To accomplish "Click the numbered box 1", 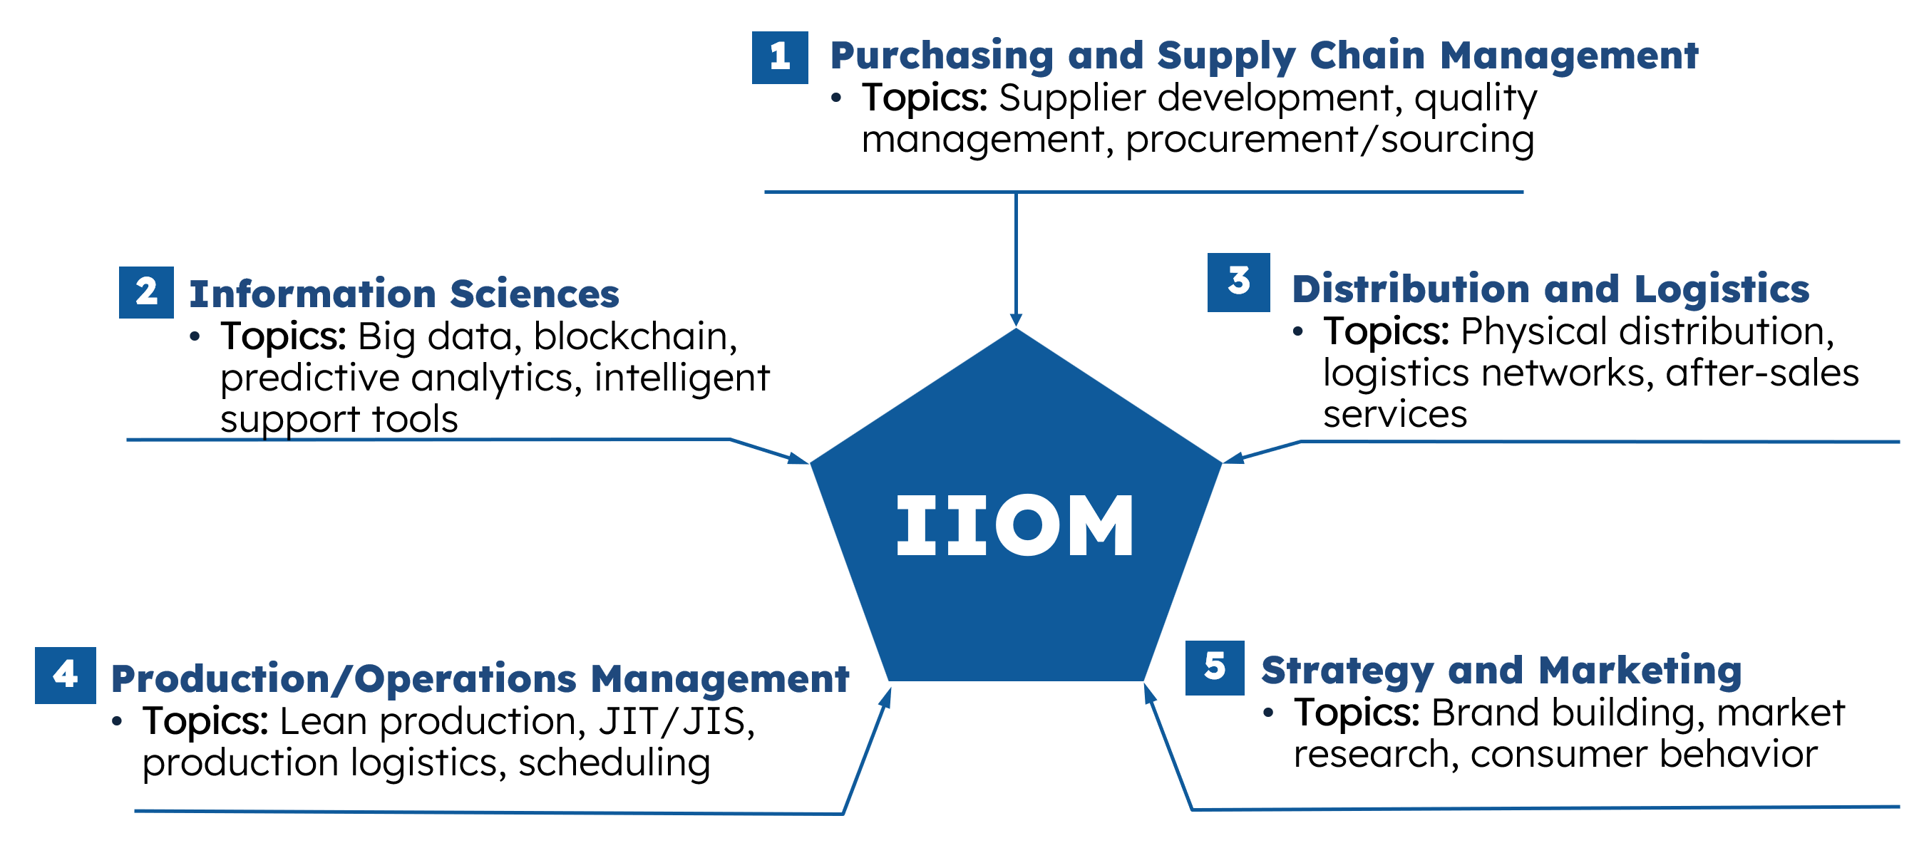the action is click(x=780, y=57).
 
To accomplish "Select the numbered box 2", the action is click(x=146, y=292).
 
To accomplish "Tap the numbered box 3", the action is click(x=1238, y=282).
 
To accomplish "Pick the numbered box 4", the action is click(x=65, y=675).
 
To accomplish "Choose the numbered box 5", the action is click(x=1215, y=667).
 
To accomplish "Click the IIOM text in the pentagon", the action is click(x=1014, y=525).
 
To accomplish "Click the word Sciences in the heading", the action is click(x=535, y=294).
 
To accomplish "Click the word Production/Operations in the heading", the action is click(x=344, y=679).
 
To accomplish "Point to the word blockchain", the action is click(x=635, y=336).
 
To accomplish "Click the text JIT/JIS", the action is click(x=677, y=722).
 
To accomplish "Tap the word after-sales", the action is click(x=1762, y=373).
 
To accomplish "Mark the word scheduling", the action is click(x=614, y=764).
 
